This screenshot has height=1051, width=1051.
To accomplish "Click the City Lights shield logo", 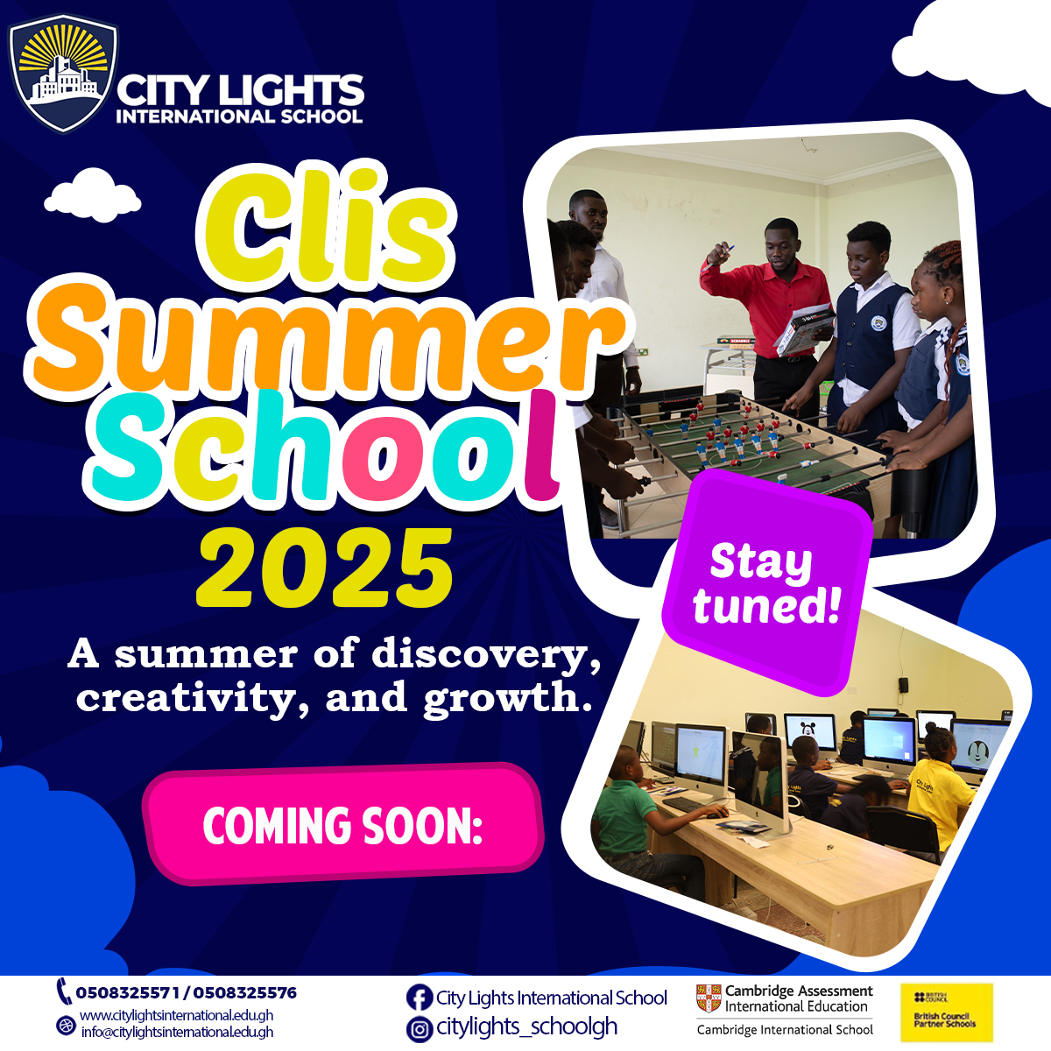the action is coord(63,74).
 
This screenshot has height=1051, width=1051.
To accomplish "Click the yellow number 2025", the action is coord(324,568).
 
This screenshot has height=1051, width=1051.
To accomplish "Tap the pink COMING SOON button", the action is coord(343,823).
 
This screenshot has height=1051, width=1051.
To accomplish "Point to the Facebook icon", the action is coord(420,998).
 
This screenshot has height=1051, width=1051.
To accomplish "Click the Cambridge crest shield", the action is coord(709,998).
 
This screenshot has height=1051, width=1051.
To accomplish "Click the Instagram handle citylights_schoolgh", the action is coord(527,1027).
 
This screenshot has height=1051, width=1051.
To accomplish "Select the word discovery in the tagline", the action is coord(486,654).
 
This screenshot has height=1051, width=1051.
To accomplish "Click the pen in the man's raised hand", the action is coord(718,257).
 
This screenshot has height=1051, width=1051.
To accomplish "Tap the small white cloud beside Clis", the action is coord(93,194).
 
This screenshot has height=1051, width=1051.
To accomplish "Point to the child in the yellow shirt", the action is coord(939,781).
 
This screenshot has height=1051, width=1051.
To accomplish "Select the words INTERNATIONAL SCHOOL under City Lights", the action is coord(239,116).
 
